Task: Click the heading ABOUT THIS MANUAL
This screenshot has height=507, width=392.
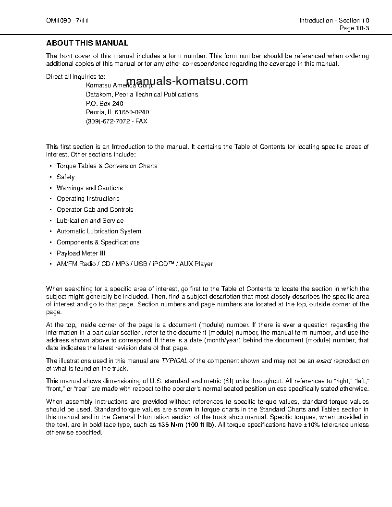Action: (87, 43)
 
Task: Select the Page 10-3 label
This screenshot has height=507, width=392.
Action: (354, 28)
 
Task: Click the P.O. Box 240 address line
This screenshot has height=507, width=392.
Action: (105, 103)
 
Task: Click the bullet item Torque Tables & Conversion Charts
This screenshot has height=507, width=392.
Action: (107, 166)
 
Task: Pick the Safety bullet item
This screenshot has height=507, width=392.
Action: (66, 177)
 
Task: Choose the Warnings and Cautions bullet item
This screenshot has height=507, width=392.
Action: (89, 188)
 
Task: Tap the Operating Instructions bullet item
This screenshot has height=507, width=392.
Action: (88, 199)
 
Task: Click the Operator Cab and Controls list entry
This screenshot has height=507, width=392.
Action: (95, 210)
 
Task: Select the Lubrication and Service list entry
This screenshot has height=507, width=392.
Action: (90, 221)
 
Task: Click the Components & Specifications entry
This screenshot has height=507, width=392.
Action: (98, 242)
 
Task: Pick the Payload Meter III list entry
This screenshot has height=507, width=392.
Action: (81, 253)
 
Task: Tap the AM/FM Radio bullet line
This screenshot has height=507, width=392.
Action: (135, 264)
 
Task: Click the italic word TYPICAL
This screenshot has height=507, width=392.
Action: (174, 361)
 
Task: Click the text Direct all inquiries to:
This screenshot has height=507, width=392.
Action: (76, 77)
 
